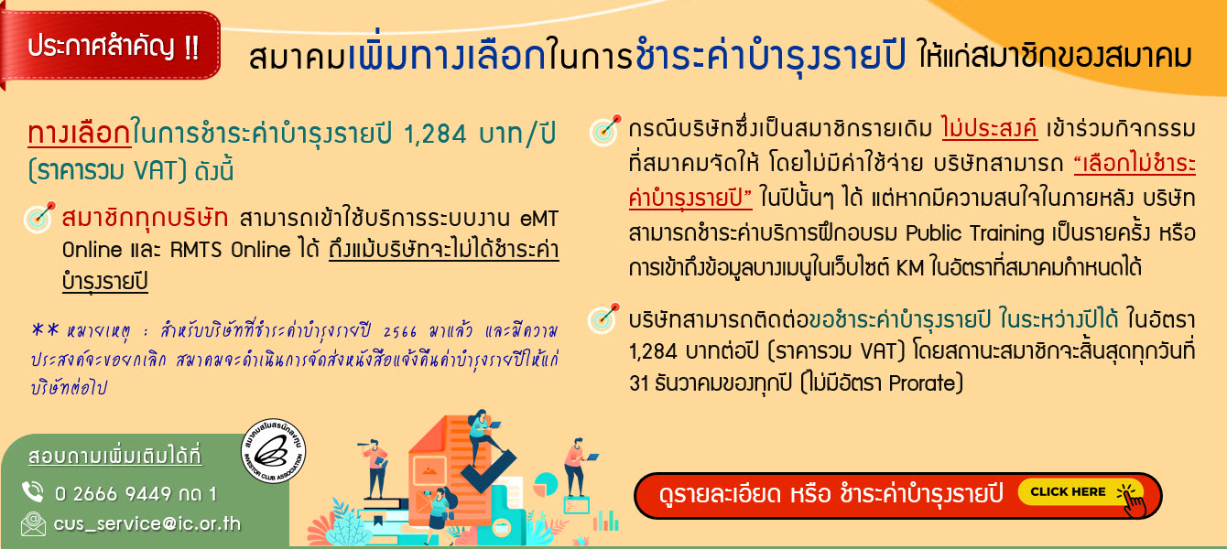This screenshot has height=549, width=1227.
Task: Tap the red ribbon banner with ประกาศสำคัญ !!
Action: [x=111, y=48]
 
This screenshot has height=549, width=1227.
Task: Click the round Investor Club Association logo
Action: [x=274, y=452]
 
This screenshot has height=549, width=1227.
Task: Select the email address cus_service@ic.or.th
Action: [x=147, y=523]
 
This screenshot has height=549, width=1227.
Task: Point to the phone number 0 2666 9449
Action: [x=113, y=494]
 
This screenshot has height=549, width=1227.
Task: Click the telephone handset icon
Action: [x=33, y=491]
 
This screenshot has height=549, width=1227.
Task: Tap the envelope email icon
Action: [x=33, y=523]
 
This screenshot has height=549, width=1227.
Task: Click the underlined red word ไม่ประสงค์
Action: [x=989, y=129]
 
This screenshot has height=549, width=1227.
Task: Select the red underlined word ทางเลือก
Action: [x=80, y=134]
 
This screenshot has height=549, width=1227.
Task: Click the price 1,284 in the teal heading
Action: [x=436, y=135]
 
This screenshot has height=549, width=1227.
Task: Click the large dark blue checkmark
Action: [x=487, y=470]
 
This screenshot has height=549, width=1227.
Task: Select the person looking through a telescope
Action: [x=375, y=467]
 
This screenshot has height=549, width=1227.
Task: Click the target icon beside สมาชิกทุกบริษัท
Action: [x=39, y=217]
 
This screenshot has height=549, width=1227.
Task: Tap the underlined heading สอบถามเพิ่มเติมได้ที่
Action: [x=115, y=456]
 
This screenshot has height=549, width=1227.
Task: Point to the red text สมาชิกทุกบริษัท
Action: [x=146, y=218]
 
